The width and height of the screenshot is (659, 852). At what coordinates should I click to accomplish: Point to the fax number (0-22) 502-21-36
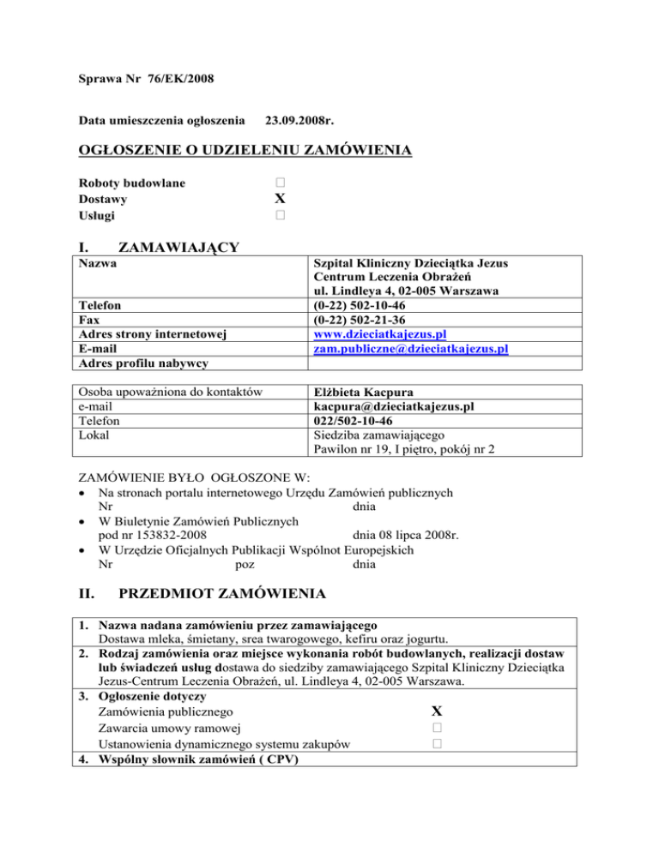tap(366, 318)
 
